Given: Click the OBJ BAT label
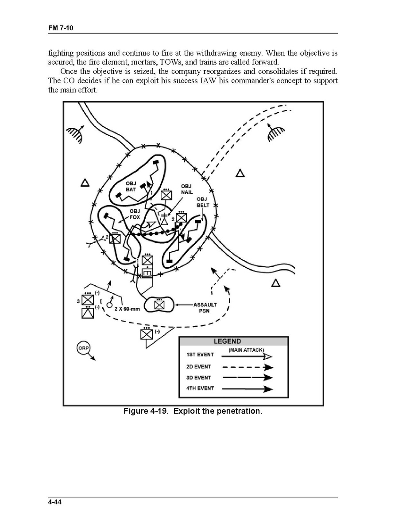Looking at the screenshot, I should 131,186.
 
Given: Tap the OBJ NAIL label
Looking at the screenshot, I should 187,189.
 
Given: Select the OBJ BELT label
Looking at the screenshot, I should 203,202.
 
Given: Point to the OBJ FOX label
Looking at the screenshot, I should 135,214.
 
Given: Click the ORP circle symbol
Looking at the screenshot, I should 83,348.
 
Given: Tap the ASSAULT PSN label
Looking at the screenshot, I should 205,307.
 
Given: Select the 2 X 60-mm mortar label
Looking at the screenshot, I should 127,309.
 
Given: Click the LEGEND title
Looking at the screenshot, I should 227,341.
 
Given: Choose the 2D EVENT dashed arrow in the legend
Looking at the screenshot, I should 247,367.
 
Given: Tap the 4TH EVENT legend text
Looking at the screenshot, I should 200,388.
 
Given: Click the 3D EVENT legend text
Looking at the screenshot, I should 198,378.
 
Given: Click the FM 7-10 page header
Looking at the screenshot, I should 60,27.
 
